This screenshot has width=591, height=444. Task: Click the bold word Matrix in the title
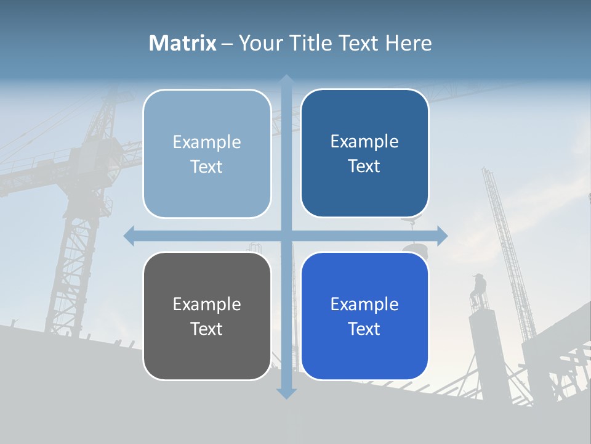pyautogui.click(x=183, y=43)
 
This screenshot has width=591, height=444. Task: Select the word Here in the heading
pyautogui.click(x=408, y=43)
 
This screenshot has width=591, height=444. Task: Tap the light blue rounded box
pyautogui.click(x=207, y=154)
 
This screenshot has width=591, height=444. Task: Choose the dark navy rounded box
pyautogui.click(x=364, y=154)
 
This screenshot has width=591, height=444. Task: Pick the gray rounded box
pyautogui.click(x=207, y=316)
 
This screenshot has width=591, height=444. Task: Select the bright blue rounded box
pyautogui.click(x=364, y=316)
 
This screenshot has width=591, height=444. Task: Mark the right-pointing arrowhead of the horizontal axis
pyautogui.click(x=442, y=235)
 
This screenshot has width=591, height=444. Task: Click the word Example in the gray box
pyautogui.click(x=207, y=304)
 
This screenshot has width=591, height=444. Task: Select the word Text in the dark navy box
pyautogui.click(x=364, y=166)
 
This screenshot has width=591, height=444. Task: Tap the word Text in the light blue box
pyautogui.click(x=207, y=167)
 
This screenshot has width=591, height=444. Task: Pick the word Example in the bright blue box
pyautogui.click(x=364, y=304)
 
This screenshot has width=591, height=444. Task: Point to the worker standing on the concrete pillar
pyautogui.click(x=479, y=290)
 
